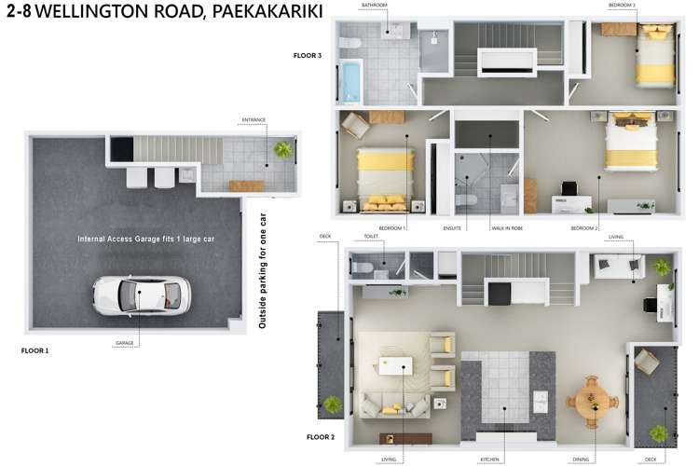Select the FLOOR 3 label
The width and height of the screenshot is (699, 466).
click(307, 56)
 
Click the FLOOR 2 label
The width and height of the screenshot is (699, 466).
click(322, 435)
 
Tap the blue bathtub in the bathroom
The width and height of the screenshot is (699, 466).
click(351, 80)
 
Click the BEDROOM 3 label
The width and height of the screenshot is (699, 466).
click(650, 6)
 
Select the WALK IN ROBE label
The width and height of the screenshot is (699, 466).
click(506, 227)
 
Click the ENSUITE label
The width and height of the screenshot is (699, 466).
click(457, 227)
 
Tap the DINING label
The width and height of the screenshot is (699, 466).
click(584, 459)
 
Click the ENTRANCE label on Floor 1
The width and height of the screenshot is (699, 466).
click(254, 119)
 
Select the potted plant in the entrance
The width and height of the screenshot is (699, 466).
click(281, 149)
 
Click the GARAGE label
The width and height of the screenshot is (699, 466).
click(126, 343)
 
